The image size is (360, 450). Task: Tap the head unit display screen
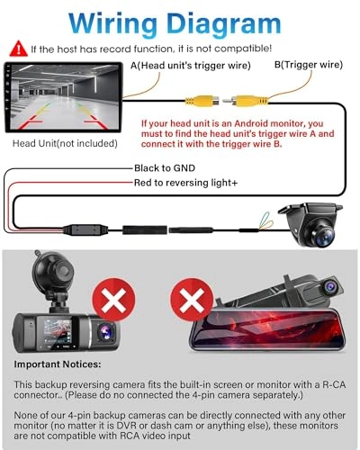pos(63,98)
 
